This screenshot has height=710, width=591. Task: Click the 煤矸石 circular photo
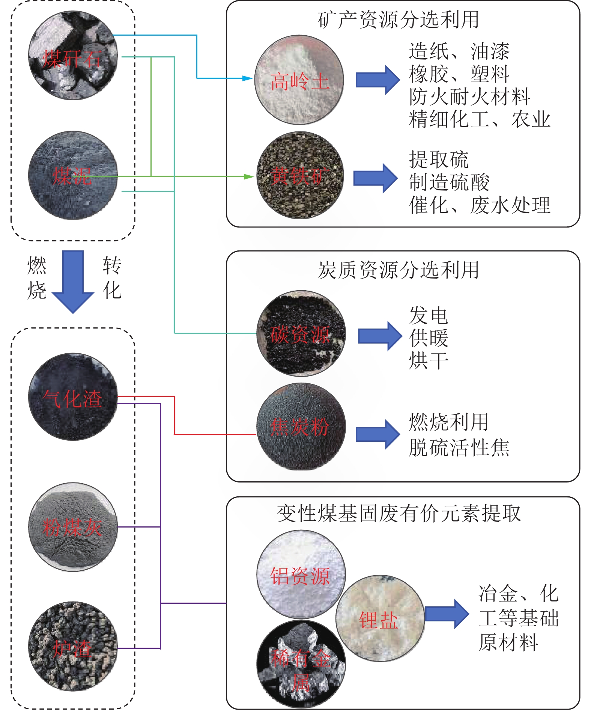73,56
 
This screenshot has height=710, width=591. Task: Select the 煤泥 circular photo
73,175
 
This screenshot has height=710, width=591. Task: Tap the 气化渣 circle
73,396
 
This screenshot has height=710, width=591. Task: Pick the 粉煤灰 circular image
73,527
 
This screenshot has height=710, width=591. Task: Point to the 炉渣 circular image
73,647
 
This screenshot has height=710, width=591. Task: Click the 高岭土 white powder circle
299,80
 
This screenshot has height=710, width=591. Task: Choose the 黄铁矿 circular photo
300,175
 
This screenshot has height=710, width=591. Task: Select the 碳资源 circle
301,333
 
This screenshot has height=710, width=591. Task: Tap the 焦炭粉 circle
301,427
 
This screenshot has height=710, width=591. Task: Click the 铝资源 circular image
301,574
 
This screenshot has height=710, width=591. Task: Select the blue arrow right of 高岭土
377,80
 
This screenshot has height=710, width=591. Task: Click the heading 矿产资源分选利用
398,20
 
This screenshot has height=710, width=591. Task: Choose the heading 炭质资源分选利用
398,270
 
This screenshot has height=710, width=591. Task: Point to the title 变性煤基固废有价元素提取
399,513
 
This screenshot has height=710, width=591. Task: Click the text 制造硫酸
449,182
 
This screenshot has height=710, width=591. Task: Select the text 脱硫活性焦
459,448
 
